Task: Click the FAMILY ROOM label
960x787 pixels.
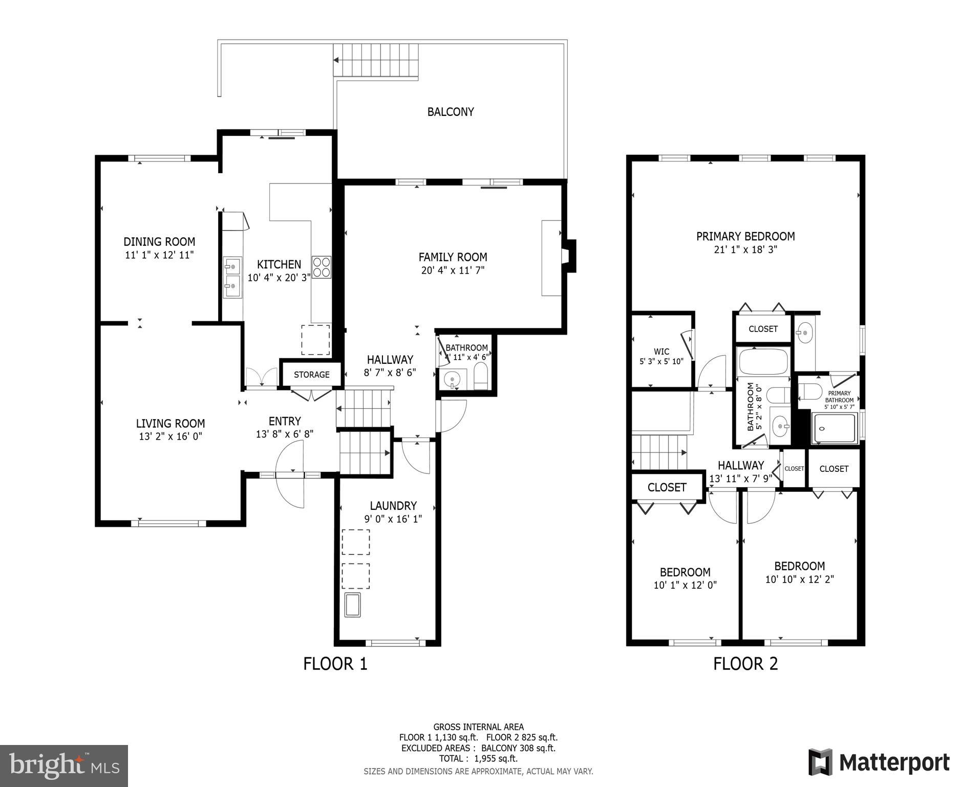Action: click(452, 257)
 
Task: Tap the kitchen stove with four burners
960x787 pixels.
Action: click(322, 267)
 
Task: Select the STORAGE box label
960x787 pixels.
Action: click(311, 375)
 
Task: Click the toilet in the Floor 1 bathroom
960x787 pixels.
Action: click(481, 377)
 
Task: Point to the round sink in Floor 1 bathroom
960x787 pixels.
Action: click(452, 380)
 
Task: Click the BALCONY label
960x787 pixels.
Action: click(451, 112)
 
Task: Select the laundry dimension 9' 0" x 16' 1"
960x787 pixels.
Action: click(393, 519)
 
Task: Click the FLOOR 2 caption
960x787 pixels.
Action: click(745, 664)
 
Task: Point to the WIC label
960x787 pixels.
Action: click(661, 351)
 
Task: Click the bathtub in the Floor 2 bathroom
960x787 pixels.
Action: click(763, 362)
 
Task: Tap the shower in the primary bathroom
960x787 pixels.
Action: click(835, 428)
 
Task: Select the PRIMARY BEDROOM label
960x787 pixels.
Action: click(745, 236)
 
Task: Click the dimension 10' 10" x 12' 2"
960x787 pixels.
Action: click(799, 579)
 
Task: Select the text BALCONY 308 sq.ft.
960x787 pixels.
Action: click(518, 748)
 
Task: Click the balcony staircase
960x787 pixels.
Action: click(376, 60)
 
